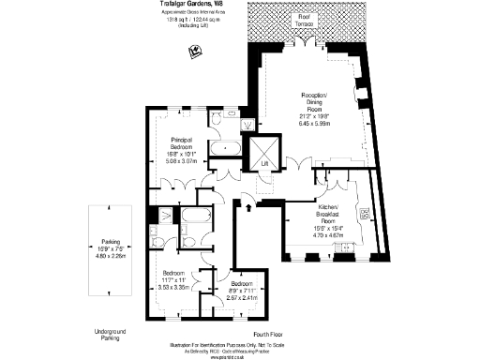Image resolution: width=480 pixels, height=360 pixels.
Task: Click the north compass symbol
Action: [x=193, y=52]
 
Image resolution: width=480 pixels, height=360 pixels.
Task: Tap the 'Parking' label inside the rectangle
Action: [x=110, y=240]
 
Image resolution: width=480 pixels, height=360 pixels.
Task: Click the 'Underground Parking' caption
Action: [x=110, y=335]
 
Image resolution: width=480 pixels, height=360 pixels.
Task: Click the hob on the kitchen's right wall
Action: [x=365, y=214]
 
